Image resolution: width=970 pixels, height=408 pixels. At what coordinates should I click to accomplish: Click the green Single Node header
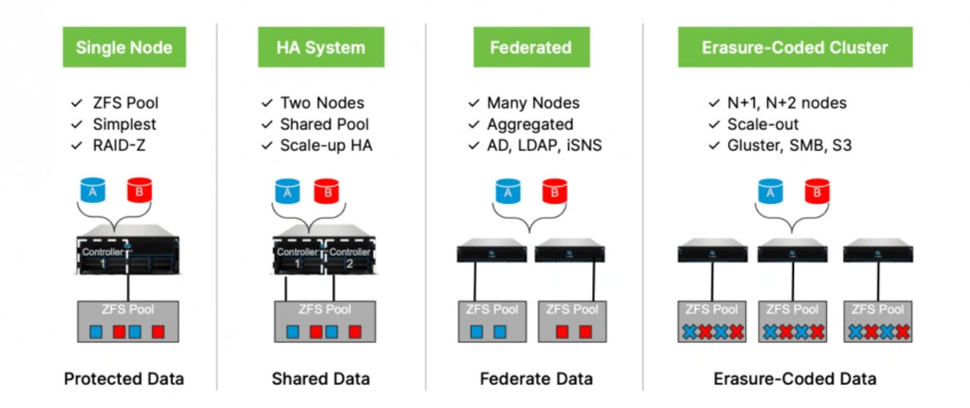(x=123, y=47)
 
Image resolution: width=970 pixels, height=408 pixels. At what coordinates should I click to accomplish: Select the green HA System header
(x=321, y=47)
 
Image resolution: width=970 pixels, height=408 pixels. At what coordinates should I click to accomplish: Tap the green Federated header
(x=531, y=47)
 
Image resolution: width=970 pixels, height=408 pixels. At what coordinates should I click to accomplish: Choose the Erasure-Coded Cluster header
(x=795, y=47)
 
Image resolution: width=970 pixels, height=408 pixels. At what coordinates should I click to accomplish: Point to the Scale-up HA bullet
(x=326, y=145)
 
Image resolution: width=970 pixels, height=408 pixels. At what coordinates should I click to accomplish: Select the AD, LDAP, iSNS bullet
(x=544, y=145)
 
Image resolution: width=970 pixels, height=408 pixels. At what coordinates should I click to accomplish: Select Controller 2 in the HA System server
(x=349, y=257)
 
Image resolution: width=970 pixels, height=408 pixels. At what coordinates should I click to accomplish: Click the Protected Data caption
(x=124, y=379)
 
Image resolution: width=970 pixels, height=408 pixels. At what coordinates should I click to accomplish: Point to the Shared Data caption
(x=321, y=379)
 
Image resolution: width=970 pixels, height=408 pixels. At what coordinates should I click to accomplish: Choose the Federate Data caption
(x=536, y=379)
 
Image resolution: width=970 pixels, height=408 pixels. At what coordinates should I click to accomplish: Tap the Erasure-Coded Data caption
(x=795, y=379)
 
